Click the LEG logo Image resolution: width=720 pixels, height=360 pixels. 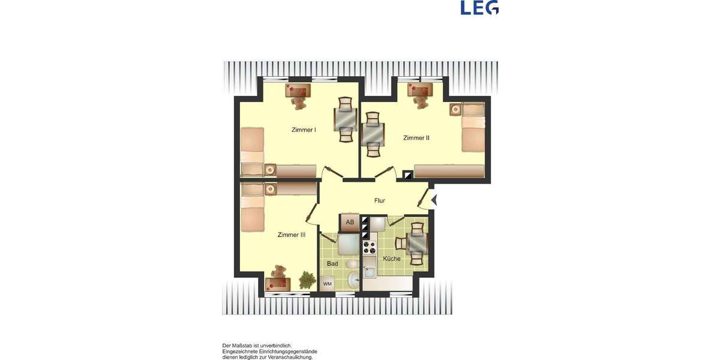pos(479,7)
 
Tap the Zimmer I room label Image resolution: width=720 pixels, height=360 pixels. pos(304,130)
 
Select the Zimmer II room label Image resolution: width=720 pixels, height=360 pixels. pos(416,138)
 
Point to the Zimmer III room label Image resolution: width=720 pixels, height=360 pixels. pos(292,235)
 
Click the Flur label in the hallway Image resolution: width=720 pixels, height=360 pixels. pos(379,201)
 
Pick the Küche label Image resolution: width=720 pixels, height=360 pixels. pos(392,259)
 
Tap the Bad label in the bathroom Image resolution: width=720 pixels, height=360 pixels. pos(332,263)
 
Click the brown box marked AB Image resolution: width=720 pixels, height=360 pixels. pos(350,223)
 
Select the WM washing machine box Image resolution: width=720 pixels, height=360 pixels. pos(328,283)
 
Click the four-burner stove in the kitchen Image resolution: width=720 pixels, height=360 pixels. pos(368,247)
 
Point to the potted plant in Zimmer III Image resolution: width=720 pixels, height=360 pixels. pos(307,280)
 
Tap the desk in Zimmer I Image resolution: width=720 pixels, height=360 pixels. pos(298,91)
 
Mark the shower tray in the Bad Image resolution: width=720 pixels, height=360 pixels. pos(348,245)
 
